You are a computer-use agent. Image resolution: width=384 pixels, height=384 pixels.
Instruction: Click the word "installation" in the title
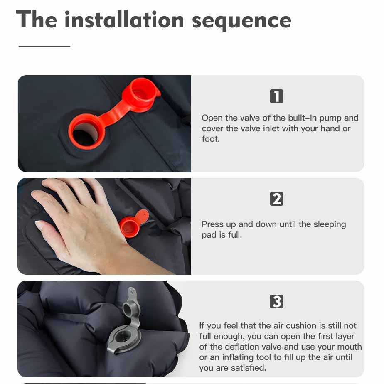[x=124, y=20]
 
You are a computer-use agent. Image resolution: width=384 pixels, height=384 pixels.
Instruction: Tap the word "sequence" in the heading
[x=241, y=22]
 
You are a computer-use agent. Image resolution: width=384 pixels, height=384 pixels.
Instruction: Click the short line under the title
[x=44, y=47]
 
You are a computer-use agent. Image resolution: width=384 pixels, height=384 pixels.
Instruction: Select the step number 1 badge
[x=276, y=96]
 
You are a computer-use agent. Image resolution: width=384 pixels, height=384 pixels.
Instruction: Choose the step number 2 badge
[x=276, y=199]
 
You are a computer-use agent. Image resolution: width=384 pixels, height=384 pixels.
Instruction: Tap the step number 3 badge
[x=276, y=301]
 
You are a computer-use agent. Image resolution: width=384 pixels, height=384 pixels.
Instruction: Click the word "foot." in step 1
[x=211, y=139]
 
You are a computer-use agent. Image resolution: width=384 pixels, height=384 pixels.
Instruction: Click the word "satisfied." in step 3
[x=249, y=368]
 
